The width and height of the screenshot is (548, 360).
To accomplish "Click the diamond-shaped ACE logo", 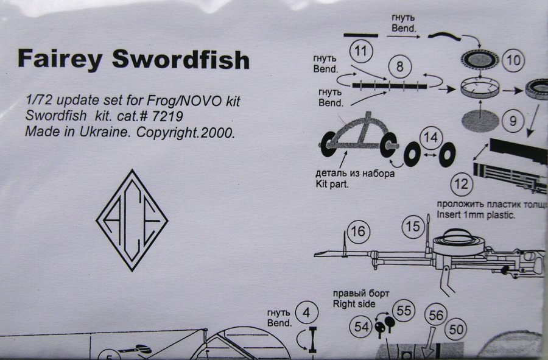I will [x=132, y=220].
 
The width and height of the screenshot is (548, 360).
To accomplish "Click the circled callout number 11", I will [x=362, y=51].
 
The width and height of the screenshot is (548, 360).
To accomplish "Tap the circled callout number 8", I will [x=399, y=68].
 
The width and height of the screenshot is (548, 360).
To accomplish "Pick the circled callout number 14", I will [x=430, y=138].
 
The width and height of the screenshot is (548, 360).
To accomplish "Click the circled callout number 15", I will [x=413, y=227].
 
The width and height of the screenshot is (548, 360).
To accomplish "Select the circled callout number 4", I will [x=309, y=313].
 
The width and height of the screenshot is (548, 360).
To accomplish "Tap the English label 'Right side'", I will [x=354, y=303].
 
